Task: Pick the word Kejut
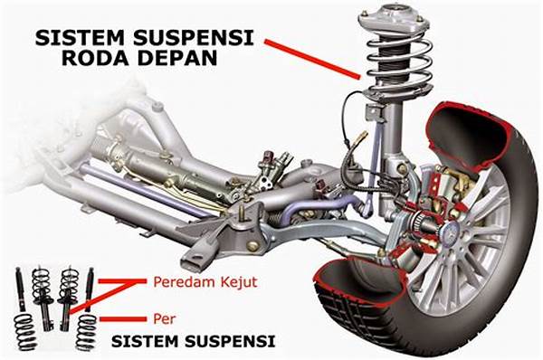pyautogui.click(x=235, y=282)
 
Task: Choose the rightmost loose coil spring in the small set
pyautogui.click(x=87, y=330)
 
